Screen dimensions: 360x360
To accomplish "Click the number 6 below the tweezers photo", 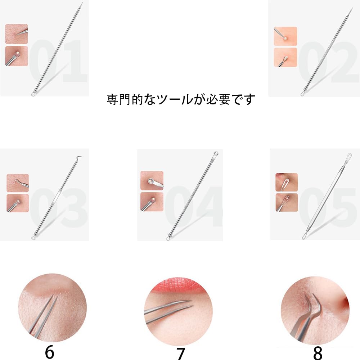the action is point(49,352).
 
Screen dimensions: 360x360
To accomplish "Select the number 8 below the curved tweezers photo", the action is point(318,353).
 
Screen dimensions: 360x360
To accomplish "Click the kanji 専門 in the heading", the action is point(118,99).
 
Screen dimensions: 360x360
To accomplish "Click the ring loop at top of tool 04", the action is point(215,153).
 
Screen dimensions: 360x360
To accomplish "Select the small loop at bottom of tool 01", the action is point(33,94).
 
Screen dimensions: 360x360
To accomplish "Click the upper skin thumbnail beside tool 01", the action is point(17,34).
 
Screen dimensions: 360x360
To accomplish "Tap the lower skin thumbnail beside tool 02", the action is point(285,57).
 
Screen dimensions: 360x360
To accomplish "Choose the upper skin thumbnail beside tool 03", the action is point(18,183).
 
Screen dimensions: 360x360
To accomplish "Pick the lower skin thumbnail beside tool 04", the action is point(152,202).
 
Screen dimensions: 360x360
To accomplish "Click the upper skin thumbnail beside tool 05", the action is point(287,182).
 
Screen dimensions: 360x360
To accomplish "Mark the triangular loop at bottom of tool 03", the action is point(33,238).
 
